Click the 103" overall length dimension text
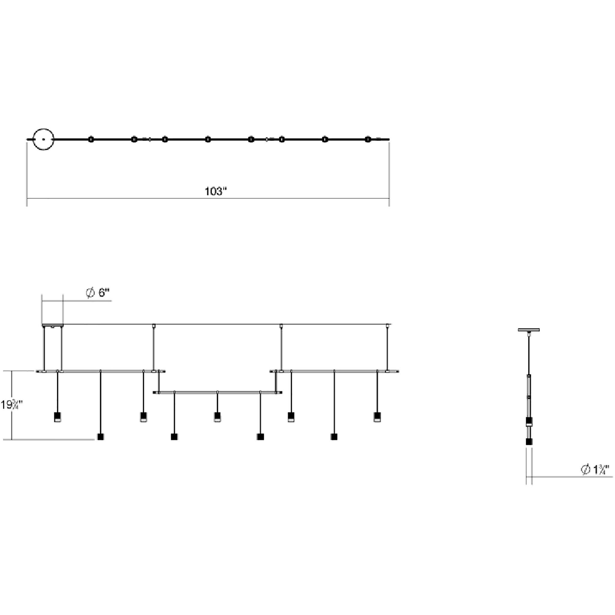coord(216,191)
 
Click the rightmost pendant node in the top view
coord(368,139)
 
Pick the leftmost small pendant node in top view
coord(91,139)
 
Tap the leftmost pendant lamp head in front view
coord(58,417)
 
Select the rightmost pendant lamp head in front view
coord(377,417)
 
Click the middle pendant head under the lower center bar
coord(217,417)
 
